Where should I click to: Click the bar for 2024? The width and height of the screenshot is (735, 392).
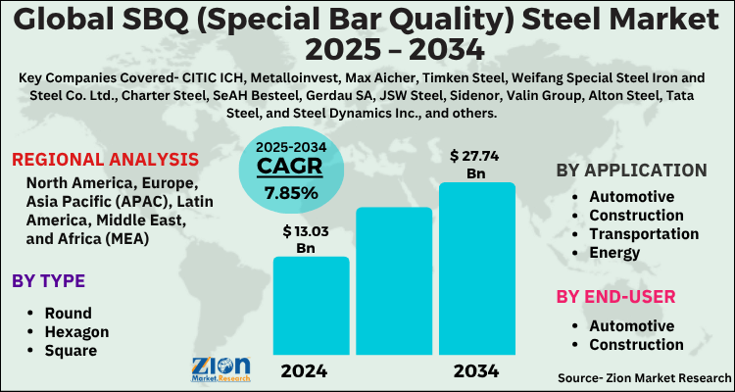(x=311, y=305)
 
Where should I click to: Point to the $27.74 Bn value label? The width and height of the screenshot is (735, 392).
(x=476, y=164)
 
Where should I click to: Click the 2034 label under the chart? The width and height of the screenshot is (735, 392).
(x=476, y=371)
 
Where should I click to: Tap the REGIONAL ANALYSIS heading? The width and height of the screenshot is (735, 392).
(x=106, y=160)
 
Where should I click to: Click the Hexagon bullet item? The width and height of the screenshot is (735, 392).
(x=76, y=331)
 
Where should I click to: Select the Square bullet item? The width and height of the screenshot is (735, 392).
(x=71, y=350)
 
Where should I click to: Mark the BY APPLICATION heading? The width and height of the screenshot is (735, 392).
(x=631, y=170)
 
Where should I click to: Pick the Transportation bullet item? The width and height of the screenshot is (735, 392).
(x=644, y=233)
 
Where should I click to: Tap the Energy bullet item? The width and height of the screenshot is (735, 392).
(x=614, y=252)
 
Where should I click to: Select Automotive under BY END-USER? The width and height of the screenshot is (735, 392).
(x=631, y=325)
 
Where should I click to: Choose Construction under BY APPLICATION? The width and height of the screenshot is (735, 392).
(x=636, y=215)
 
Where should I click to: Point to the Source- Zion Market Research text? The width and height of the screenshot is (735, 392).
(x=643, y=377)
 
